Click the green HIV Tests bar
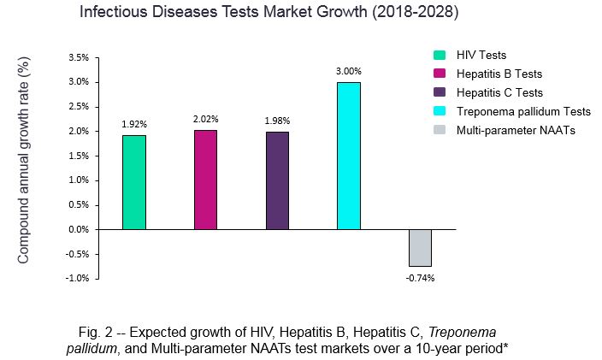click(x=134, y=182)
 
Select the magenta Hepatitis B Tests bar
click(x=206, y=180)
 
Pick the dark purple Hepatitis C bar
click(x=277, y=180)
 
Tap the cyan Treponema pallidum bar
click(x=348, y=156)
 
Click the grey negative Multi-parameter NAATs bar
click(x=420, y=248)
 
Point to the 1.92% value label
click(x=133, y=125)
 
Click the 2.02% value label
click(x=206, y=120)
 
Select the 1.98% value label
click(x=277, y=121)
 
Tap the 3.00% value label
click(x=349, y=71)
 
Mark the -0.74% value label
click(x=420, y=278)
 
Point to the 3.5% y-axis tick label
click(x=77, y=58)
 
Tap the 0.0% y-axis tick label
click(x=77, y=229)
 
